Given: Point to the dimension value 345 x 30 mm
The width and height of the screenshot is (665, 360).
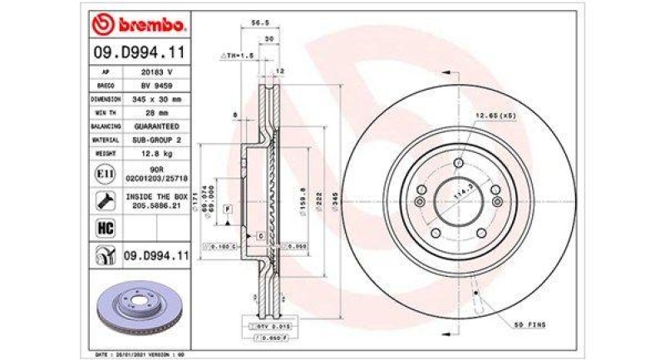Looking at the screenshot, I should (156, 99).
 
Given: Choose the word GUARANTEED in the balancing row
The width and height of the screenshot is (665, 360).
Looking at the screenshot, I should (156, 126).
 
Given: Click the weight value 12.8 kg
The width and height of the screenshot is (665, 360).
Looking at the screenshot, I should (156, 154).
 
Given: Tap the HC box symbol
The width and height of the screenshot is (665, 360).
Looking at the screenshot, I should (105, 226).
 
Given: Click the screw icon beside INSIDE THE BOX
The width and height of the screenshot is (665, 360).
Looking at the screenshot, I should (105, 200).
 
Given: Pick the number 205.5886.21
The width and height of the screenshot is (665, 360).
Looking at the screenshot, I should (156, 205).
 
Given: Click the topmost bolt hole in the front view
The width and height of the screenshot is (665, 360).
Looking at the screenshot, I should (458, 164).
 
